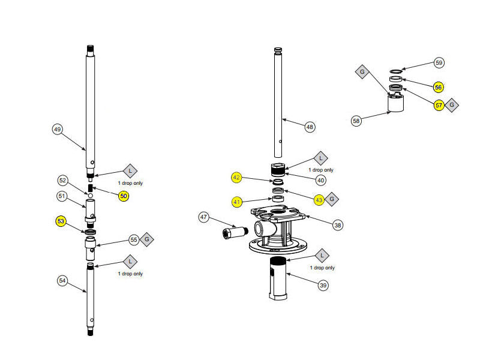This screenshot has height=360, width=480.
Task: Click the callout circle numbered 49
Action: [x=58, y=128]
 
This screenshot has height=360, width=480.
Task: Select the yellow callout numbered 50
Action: [x=124, y=196]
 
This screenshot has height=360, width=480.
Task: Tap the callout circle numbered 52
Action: [x=63, y=180]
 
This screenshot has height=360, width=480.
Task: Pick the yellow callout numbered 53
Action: [x=61, y=221]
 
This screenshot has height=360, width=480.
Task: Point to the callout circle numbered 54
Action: [x=63, y=280]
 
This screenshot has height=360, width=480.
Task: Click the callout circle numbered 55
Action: [x=134, y=239]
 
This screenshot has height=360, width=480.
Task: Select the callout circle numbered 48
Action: [x=310, y=127]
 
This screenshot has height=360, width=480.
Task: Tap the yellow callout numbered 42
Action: [x=237, y=177]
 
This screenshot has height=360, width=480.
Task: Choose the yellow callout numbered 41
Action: [x=237, y=202]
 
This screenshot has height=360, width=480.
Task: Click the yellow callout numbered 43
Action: [x=319, y=199]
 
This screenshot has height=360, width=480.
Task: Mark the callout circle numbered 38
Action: [x=338, y=224]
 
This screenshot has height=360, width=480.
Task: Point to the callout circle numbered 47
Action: [x=204, y=217]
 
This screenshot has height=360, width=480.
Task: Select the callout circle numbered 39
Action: [x=323, y=286]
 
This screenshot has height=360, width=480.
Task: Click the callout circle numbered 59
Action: [x=439, y=62]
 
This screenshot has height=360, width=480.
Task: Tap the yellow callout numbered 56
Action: [x=439, y=87]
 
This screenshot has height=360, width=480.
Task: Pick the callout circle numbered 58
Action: [x=356, y=121]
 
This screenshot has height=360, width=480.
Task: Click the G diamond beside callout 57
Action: [x=453, y=105]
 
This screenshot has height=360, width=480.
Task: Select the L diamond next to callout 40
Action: [x=320, y=158]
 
